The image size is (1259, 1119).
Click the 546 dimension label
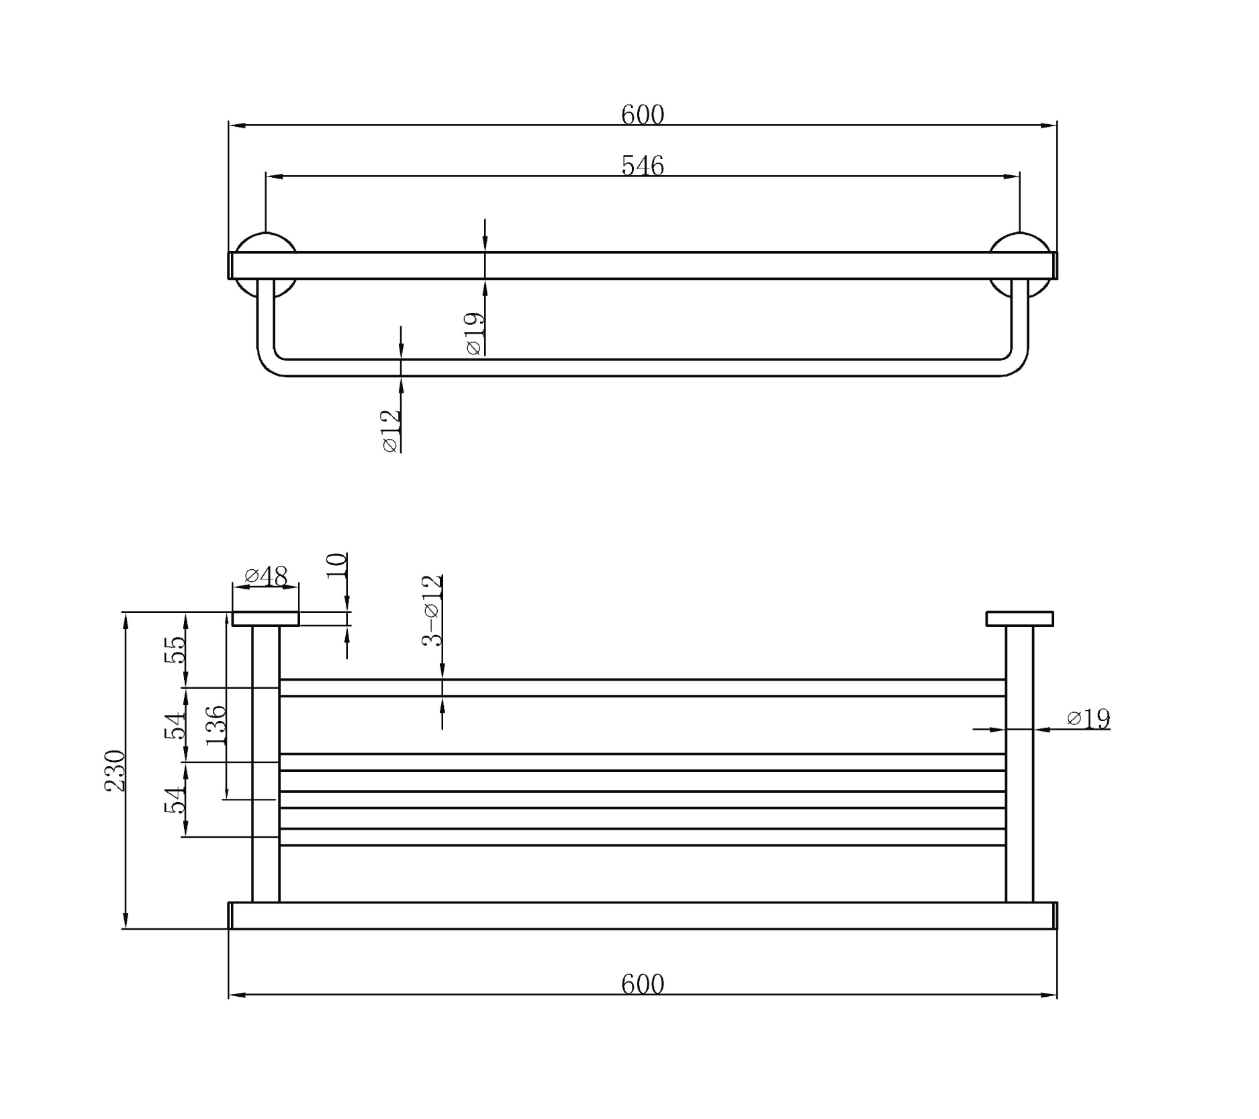pos(642,165)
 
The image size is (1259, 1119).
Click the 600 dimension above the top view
pos(642,115)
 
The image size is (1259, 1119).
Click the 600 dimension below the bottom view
pos(642,984)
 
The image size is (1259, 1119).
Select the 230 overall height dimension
pos(115,771)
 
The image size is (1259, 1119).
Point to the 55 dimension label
pos(175,650)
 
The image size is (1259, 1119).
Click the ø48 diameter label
pos(266,576)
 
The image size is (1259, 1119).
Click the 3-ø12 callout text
pos(432,610)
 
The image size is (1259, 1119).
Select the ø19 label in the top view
pos(474,334)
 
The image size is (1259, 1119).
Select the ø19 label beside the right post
pos(1088,719)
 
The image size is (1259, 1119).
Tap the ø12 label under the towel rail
pos(390,431)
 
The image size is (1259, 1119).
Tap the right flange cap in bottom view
pos(1019,618)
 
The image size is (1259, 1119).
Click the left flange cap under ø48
pos(265,618)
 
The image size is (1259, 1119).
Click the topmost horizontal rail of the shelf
pos(642,687)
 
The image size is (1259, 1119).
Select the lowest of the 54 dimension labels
pos(175,799)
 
